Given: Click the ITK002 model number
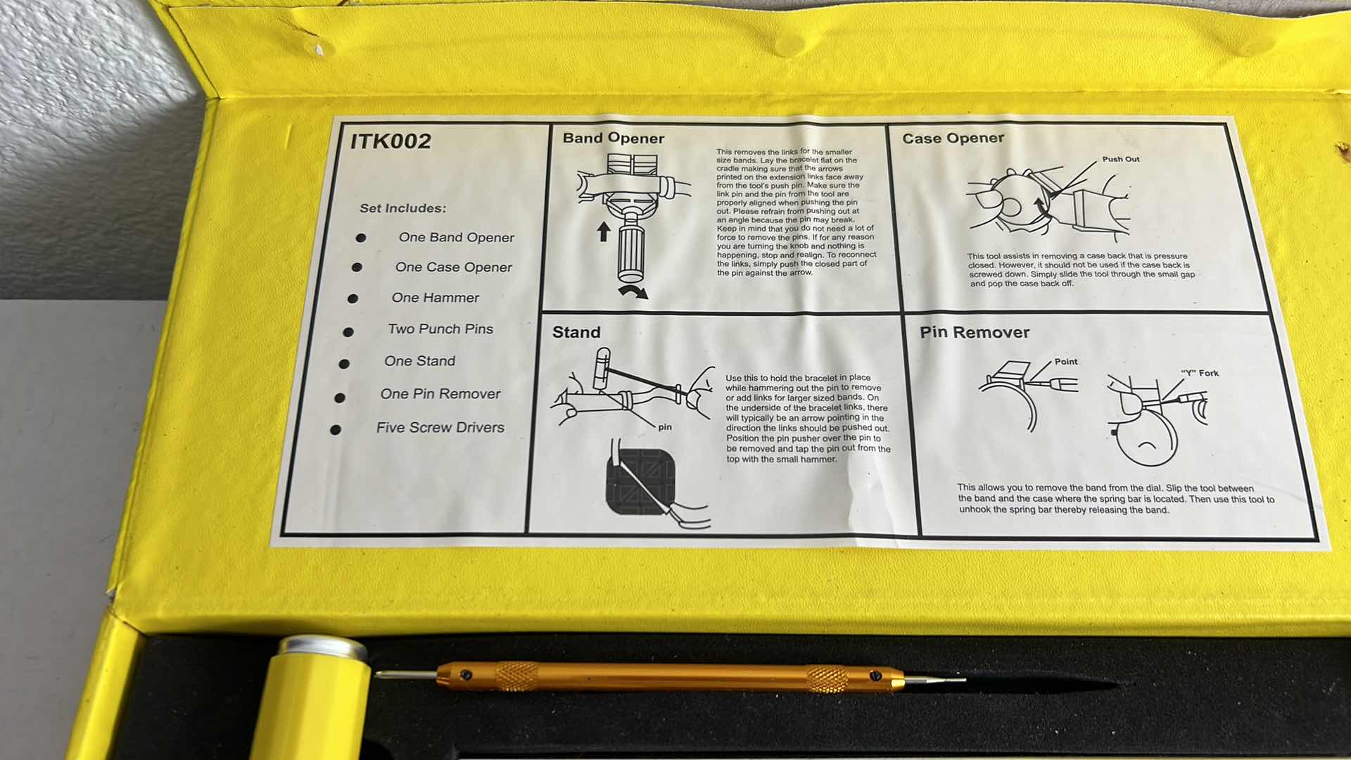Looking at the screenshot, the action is [391, 141].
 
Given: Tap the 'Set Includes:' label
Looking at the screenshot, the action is [403, 208].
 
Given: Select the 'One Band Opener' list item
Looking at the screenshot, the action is [457, 238].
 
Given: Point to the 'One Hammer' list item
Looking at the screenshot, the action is [436, 298].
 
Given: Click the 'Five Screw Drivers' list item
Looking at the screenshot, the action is [440, 428].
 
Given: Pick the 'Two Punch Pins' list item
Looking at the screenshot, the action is [440, 329].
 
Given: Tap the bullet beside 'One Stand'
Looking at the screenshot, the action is [344, 364].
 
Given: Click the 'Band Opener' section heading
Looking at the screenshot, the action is [614, 139].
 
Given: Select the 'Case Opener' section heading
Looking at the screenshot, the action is [953, 139].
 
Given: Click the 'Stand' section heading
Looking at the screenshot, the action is [576, 332].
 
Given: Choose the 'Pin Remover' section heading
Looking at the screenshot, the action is [975, 332].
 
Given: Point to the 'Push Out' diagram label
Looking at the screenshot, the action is [1121, 159].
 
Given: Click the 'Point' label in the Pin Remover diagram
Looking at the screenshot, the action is [1066, 362].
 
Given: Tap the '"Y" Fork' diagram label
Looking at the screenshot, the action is [1200, 373].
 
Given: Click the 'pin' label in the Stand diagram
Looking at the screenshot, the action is [665, 427].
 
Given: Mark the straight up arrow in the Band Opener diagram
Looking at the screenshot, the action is [603, 232].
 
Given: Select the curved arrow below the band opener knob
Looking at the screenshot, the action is [633, 292].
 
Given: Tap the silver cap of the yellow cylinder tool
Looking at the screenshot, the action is [322, 649].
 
